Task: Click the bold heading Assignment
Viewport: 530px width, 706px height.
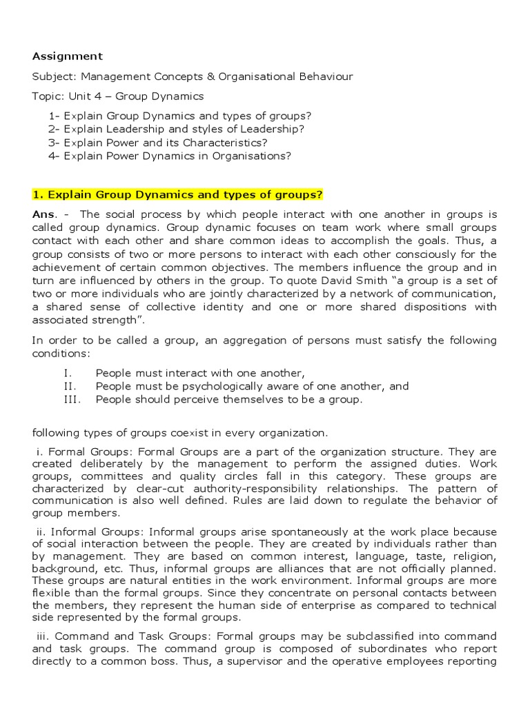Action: click(68, 57)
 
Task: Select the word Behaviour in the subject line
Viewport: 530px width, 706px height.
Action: click(325, 77)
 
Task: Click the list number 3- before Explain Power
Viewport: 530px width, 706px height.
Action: click(55, 143)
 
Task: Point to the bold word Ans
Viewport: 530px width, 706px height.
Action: click(44, 214)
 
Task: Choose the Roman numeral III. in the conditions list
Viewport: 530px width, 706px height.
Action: click(71, 399)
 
